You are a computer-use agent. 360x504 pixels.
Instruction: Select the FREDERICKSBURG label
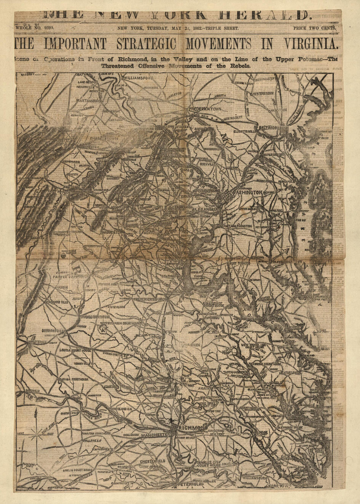(x=150, y=299)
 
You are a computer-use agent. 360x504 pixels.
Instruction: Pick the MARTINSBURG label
(x=88, y=100)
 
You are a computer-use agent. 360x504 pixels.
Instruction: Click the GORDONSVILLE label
(x=54, y=330)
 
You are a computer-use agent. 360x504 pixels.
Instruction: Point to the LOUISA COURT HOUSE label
(x=75, y=350)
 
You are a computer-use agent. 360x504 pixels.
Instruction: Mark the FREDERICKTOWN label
(x=206, y=109)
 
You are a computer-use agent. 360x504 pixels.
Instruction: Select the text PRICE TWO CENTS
(x=315, y=28)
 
